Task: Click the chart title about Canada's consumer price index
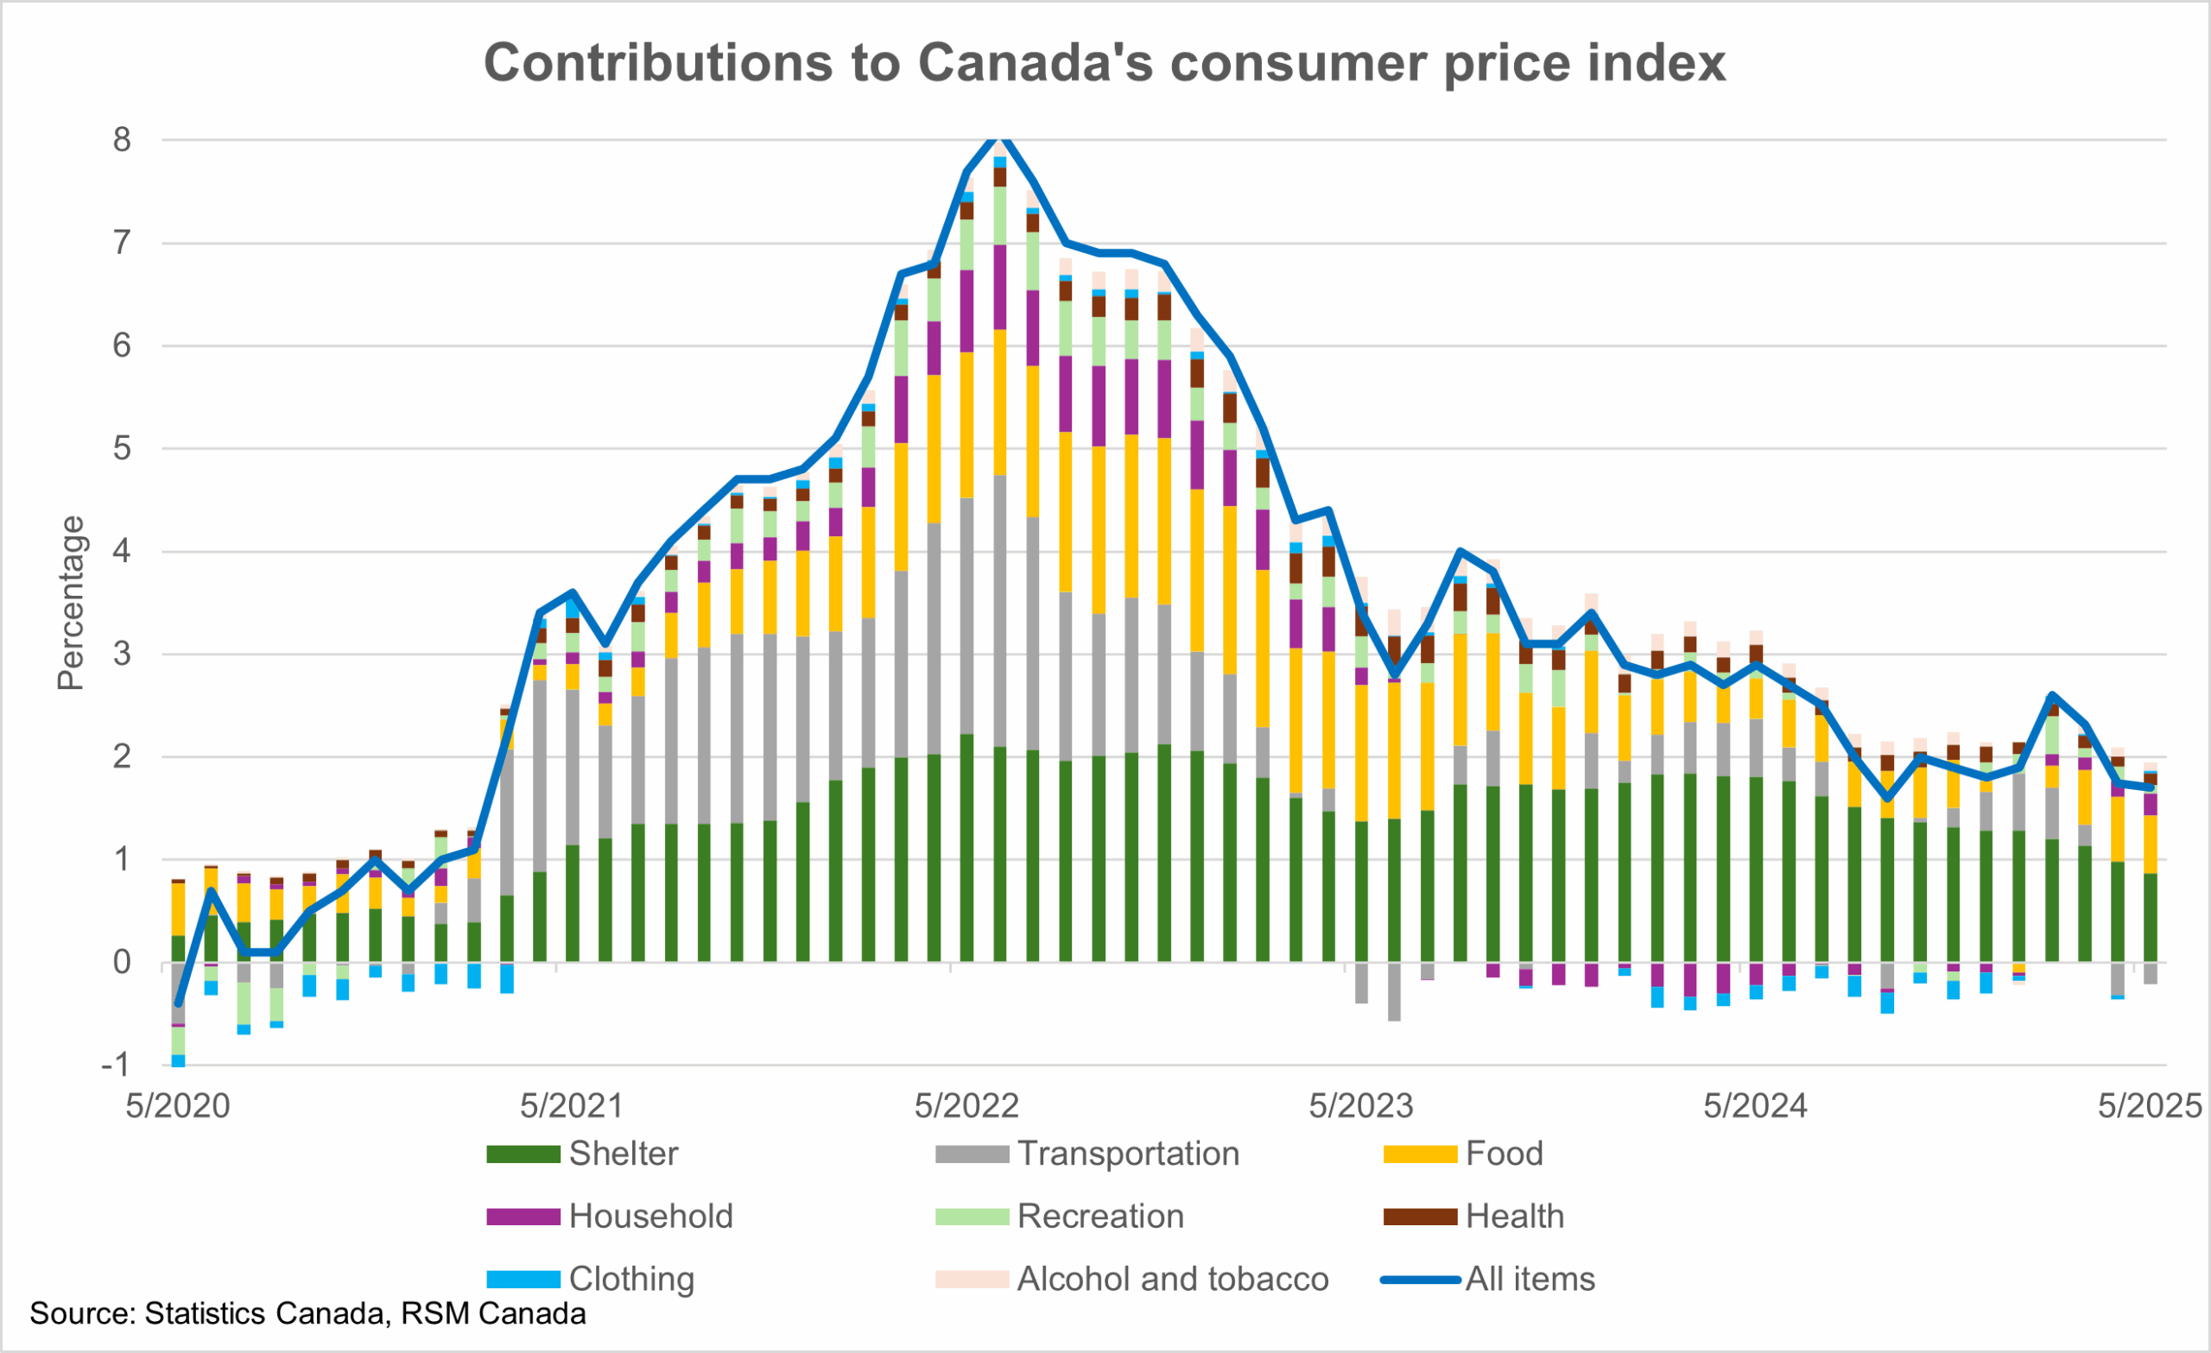coord(1104,63)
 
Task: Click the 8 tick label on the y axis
coord(122,140)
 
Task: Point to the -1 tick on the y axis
coord(117,1065)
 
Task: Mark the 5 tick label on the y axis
coord(122,449)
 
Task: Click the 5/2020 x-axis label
coord(178,1106)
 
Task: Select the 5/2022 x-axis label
coord(966,1106)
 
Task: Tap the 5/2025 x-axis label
coord(2149,1106)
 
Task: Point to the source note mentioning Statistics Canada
coord(307,1313)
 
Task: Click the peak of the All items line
coord(999,139)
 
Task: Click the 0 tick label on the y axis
coord(122,963)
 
